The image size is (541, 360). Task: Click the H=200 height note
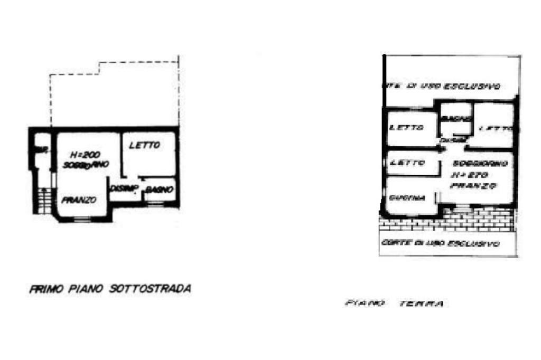(x=84, y=155)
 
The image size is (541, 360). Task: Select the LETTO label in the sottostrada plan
(x=144, y=146)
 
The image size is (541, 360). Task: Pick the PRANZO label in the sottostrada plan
(x=79, y=200)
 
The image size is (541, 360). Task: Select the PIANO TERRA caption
(x=393, y=304)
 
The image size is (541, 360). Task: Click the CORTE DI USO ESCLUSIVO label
(x=440, y=244)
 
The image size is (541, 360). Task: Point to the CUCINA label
(x=407, y=198)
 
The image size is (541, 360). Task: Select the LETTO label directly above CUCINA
(x=407, y=163)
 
